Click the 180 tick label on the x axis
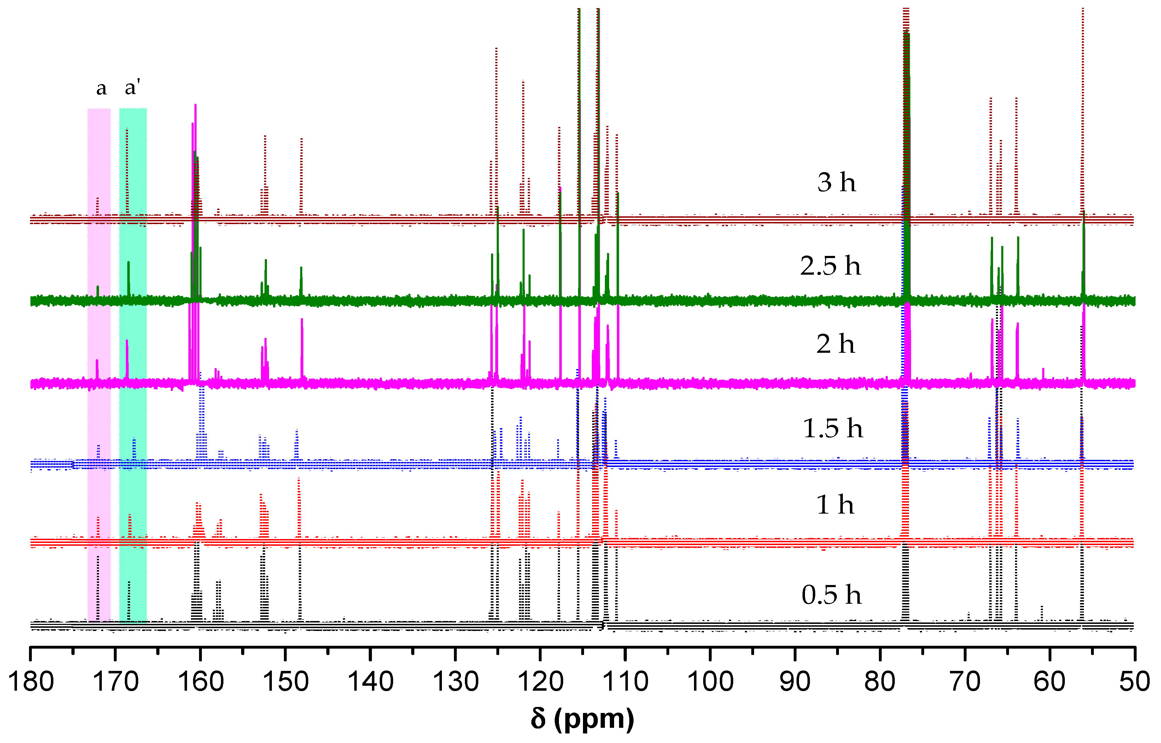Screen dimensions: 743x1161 (x=31, y=682)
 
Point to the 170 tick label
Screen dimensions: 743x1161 (x=116, y=682)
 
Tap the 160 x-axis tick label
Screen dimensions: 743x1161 (x=201, y=682)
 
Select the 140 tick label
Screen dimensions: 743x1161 (x=371, y=682)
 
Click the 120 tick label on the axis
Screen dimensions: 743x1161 (x=541, y=682)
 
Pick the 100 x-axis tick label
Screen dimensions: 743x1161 (x=710, y=682)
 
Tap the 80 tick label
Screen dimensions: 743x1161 (x=880, y=682)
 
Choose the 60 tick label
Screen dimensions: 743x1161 (x=1050, y=682)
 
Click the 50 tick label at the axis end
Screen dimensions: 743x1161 (x=1134, y=682)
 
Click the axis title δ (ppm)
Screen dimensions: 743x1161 (x=582, y=719)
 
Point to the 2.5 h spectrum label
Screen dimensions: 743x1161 (x=830, y=266)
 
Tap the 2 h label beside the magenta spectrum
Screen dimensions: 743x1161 (x=835, y=344)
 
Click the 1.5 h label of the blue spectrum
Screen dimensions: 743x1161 (x=832, y=428)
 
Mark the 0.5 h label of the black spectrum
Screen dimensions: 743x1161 (x=831, y=595)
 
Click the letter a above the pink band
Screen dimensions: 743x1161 (x=101, y=88)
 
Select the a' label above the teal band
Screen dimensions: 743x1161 (x=132, y=87)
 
